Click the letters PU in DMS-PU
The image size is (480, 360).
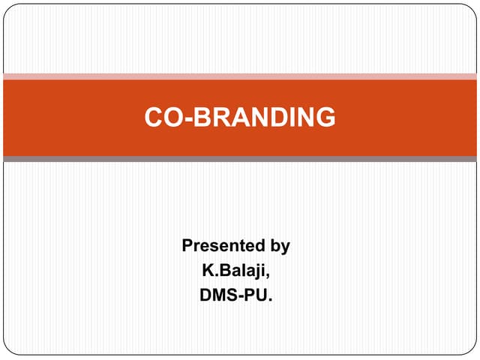point(257,295)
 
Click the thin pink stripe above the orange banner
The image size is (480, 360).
point(240,76)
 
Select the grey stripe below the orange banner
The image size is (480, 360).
point(240,159)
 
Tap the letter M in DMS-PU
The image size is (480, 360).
point(220,295)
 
